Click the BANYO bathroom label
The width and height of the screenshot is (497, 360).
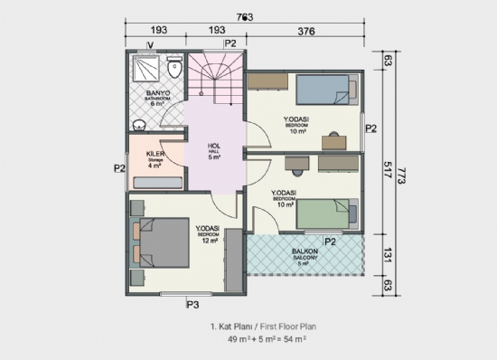click(158, 92)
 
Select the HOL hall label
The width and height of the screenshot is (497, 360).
click(214, 147)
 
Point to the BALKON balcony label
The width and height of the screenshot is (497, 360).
click(303, 254)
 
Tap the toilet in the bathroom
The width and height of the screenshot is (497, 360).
click(176, 68)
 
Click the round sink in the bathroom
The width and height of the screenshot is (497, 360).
click(138, 125)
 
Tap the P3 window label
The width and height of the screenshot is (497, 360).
click(192, 304)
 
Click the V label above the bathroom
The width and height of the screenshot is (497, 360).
click(150, 43)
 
